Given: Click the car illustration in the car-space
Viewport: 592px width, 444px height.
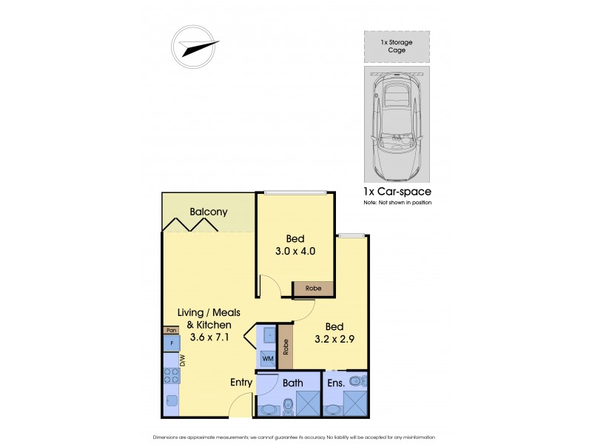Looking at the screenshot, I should pos(397,123).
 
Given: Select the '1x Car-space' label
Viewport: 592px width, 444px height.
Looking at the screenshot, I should pos(397,192).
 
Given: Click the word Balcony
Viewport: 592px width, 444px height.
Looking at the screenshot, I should pos(209,212).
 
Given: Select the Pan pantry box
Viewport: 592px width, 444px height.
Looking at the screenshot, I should pos(170,330).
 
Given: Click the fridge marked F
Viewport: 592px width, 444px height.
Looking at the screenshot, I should pos(171,343).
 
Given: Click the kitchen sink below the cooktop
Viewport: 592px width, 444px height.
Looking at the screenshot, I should pos(171,403).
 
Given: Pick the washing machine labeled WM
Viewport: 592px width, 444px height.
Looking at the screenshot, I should pos(267,359).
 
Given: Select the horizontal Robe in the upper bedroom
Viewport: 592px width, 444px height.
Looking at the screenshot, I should pos(314,289).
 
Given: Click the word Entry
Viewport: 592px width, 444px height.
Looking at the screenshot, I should pos(241,383).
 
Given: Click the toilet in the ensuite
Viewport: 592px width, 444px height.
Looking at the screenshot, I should pos(357,382).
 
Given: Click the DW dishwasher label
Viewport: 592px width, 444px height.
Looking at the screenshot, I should pos(182,361).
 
